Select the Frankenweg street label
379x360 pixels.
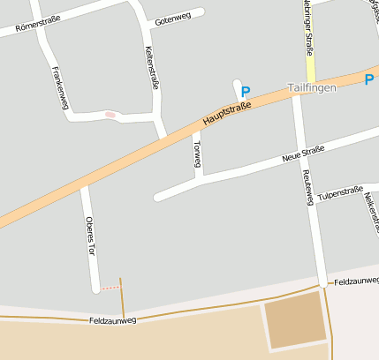click(60, 87)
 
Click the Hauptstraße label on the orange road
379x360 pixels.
click(226, 112)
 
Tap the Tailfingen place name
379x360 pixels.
click(312, 89)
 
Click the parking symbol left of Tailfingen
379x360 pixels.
click(246, 91)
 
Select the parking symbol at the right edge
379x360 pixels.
click(369, 79)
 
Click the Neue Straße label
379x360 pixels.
click(303, 154)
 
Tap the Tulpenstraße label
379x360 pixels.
click(340, 192)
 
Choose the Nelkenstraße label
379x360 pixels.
click(370, 211)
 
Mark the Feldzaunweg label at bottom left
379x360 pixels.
click(112, 321)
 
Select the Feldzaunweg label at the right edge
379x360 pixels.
click(355, 281)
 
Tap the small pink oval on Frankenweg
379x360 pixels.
click(110, 114)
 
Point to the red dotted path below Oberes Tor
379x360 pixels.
click(110, 288)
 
